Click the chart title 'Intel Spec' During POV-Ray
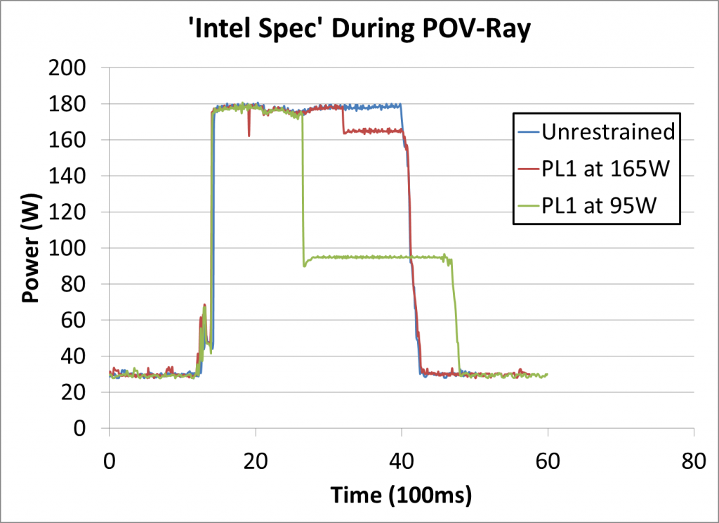coord(359,30)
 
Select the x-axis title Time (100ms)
coord(401,495)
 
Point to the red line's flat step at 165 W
coord(372,131)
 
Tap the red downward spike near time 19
coord(249,134)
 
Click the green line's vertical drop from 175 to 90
coord(303,190)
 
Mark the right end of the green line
coord(546,375)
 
